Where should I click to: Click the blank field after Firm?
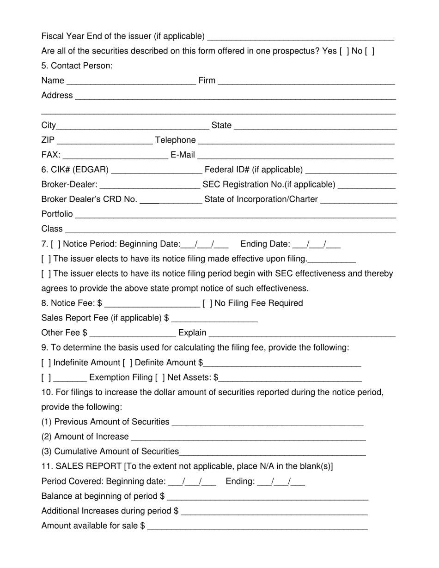coord(306,81)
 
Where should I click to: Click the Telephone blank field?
coord(296,140)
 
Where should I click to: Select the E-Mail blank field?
coord(296,155)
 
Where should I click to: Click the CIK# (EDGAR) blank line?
coord(157,170)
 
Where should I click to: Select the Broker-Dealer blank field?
coord(150,185)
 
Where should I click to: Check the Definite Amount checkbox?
coord(128,363)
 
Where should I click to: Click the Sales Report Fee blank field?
coord(214,319)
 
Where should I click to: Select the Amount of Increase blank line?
coord(248,437)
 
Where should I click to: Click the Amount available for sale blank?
coord(257,526)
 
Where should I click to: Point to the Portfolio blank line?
coord(235,215)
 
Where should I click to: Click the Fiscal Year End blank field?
coord(301,37)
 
